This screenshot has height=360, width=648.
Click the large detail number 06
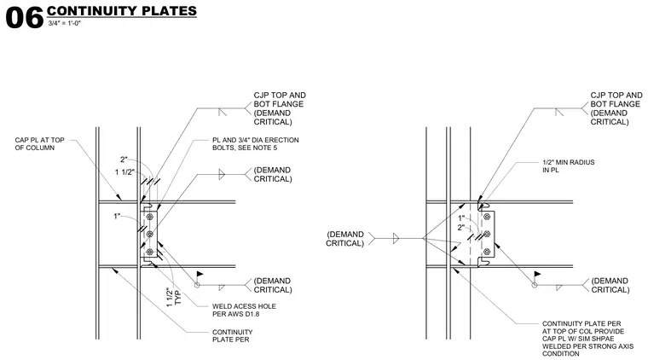(25, 18)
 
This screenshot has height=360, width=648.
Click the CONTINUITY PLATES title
(121, 11)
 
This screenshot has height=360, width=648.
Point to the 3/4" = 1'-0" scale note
(65, 24)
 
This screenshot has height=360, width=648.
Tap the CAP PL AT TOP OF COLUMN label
(40, 144)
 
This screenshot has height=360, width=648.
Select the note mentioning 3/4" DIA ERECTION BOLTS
(256, 144)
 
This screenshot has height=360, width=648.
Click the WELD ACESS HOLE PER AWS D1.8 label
(244, 310)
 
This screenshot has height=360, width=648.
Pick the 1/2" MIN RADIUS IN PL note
(568, 166)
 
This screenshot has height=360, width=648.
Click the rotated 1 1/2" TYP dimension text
(174, 297)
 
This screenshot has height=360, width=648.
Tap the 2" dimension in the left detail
(124, 160)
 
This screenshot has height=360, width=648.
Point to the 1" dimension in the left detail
(117, 216)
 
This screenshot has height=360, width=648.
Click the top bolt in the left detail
(149, 217)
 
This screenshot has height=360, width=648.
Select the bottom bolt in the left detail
(149, 252)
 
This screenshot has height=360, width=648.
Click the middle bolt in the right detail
(487, 234)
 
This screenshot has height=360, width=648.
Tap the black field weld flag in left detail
(200, 274)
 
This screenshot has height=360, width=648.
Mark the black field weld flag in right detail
(537, 274)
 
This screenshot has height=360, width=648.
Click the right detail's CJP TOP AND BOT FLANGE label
(616, 108)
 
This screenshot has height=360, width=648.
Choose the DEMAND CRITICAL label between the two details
(345, 239)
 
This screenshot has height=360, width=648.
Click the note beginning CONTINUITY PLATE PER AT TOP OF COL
(587, 339)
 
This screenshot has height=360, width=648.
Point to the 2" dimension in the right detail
(460, 227)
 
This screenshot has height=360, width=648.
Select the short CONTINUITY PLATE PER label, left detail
(232, 335)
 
